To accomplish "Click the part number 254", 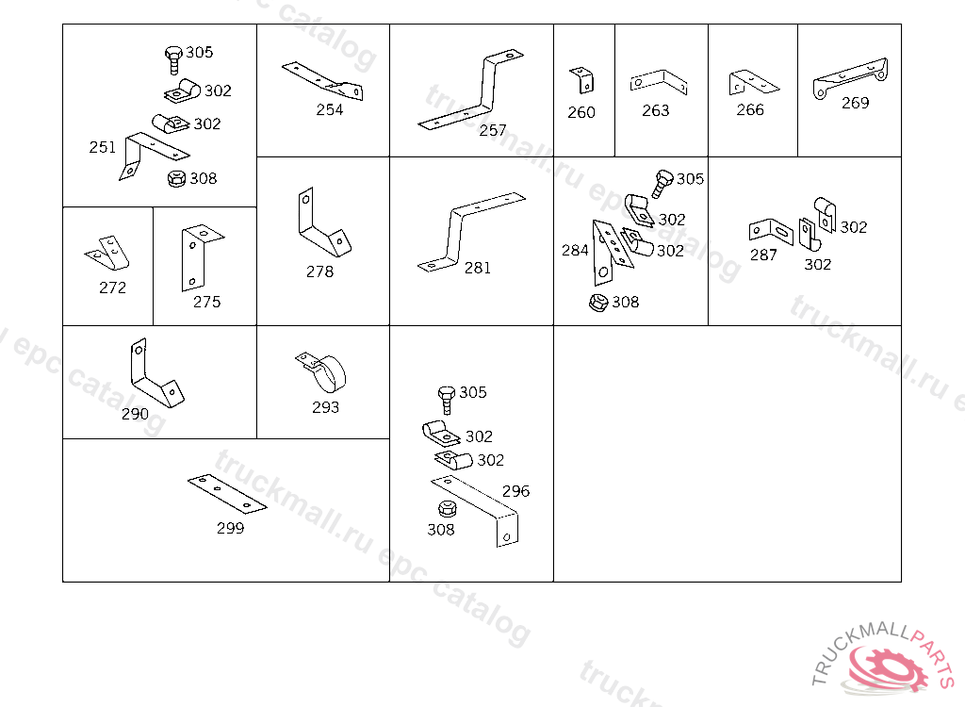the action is (329, 109).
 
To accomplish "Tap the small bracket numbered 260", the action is (582, 80).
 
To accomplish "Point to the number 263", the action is (656, 110).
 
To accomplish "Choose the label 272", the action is (113, 288).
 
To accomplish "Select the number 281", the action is (478, 268).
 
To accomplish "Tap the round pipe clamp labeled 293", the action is (323, 370).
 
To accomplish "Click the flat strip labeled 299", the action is (227, 493).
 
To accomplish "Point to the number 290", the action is (135, 414).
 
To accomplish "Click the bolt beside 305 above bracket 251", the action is (173, 59).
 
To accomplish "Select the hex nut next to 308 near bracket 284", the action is (598, 303).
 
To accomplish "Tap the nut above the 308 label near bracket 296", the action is (447, 509).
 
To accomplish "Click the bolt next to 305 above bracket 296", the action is (446, 399).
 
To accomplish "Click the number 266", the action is (750, 109).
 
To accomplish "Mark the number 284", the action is (575, 250).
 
